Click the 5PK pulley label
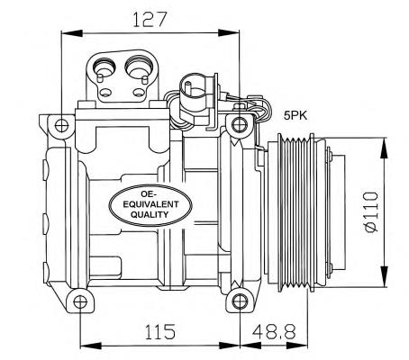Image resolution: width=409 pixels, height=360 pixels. tap(295, 114)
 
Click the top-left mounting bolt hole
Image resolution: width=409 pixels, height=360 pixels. tap(60, 123)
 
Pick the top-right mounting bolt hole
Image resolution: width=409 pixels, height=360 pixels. tap(239, 123)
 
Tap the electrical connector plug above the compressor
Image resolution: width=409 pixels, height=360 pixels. tap(189, 93)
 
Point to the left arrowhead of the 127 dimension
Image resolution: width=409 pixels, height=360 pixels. tap(65, 34)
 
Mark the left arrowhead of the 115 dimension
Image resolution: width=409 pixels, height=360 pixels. tap(85, 345)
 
